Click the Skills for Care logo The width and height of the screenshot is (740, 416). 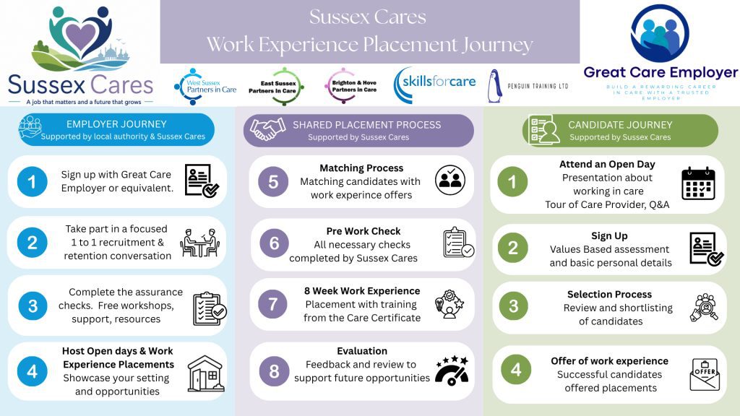coord(434,85)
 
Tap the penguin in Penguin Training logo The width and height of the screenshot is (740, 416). coord(494,87)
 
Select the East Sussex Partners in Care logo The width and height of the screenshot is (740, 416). coord(276,87)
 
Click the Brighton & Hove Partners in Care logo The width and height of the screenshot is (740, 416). coord(351,86)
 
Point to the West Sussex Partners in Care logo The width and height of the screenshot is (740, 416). coord(205,87)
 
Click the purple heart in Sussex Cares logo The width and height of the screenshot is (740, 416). coord(81,36)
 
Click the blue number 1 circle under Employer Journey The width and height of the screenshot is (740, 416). coord(32,181)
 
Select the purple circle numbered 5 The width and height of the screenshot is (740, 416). coord(273,181)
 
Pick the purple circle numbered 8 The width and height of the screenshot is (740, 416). coord(274,371)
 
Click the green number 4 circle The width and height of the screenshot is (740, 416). coord(516,369)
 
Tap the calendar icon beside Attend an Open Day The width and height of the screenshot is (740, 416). coord(699,183)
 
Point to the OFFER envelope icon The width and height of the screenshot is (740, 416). coord(705,375)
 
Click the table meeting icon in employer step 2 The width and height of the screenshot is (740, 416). coord(199,243)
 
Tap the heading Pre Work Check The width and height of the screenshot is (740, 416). coord(363,231)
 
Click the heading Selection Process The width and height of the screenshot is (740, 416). coord(609,295)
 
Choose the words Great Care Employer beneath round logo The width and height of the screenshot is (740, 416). coord(661,73)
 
